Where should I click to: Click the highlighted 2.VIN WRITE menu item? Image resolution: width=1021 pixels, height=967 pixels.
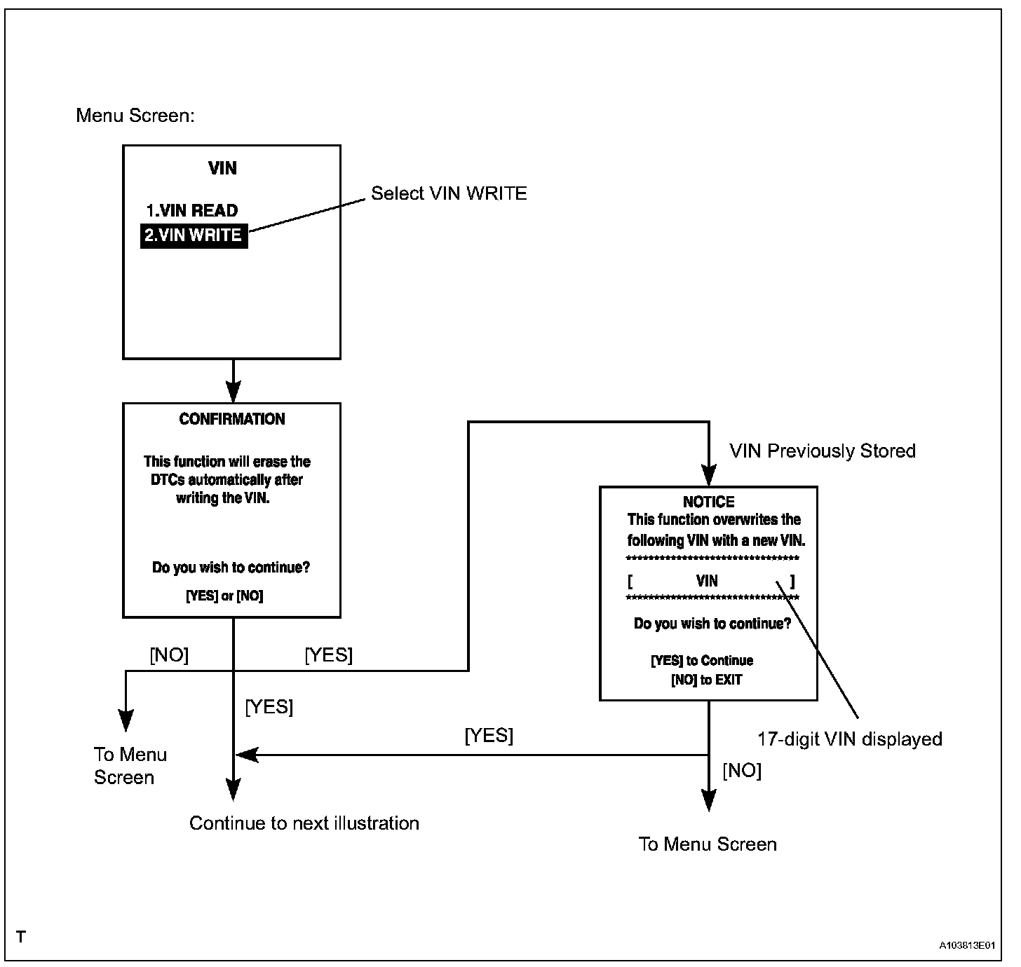point(194,235)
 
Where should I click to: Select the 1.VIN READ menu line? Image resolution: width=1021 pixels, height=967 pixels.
point(191,210)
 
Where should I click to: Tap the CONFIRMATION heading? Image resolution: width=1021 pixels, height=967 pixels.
point(232,419)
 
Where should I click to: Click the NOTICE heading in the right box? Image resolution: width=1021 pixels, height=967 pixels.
point(708,502)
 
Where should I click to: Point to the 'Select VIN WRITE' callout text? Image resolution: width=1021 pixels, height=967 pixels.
point(449,193)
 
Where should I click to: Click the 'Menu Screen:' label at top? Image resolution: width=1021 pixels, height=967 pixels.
point(135,116)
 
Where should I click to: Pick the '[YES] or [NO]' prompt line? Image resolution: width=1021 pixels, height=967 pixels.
point(224,596)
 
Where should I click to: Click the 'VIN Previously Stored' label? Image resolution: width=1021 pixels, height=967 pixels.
point(823,451)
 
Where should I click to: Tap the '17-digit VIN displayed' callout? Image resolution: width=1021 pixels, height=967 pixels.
point(849,739)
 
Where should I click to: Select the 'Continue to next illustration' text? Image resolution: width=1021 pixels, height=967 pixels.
point(304,823)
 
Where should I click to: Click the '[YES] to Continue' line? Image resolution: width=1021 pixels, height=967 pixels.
point(702,661)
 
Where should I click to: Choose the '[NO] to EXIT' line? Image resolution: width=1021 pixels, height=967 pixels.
point(706,680)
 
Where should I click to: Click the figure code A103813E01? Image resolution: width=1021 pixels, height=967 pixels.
point(967,945)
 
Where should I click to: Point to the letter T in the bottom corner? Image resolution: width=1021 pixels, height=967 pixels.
point(21,937)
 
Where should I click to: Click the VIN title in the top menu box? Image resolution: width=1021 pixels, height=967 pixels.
point(223,168)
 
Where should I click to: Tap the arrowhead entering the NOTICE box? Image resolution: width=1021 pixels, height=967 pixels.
point(709,476)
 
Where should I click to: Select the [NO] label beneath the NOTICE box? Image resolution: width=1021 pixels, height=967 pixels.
point(742,771)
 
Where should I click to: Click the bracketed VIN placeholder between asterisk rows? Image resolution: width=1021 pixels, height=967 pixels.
point(708,581)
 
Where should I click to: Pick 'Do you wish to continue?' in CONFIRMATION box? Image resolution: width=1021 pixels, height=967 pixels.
point(231,567)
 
